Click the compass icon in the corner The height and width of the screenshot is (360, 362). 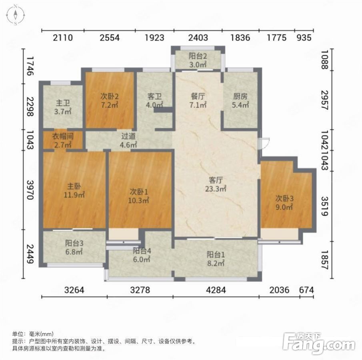point(16,15)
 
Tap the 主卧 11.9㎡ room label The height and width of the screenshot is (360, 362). point(74,190)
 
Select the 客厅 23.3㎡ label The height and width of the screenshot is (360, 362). point(216,184)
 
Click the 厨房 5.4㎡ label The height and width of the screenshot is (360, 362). point(240,100)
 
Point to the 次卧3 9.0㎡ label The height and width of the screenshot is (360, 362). point(284,202)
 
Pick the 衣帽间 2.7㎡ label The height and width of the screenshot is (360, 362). point(62,140)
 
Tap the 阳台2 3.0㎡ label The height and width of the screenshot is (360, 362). point(198,60)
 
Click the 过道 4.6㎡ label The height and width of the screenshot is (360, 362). point(128,140)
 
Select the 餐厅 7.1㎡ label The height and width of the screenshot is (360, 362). point(198,100)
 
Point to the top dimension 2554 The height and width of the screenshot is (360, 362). point(110,38)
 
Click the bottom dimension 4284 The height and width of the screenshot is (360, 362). point(216,290)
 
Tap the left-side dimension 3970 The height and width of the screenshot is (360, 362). point(30,190)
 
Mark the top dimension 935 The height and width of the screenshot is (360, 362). point(304,38)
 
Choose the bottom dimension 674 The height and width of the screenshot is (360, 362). point(306,290)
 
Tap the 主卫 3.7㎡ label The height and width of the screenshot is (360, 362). point(62,107)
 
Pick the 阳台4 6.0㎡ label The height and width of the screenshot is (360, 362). point(142,255)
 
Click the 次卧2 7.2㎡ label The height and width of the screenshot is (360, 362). point(110,100)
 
